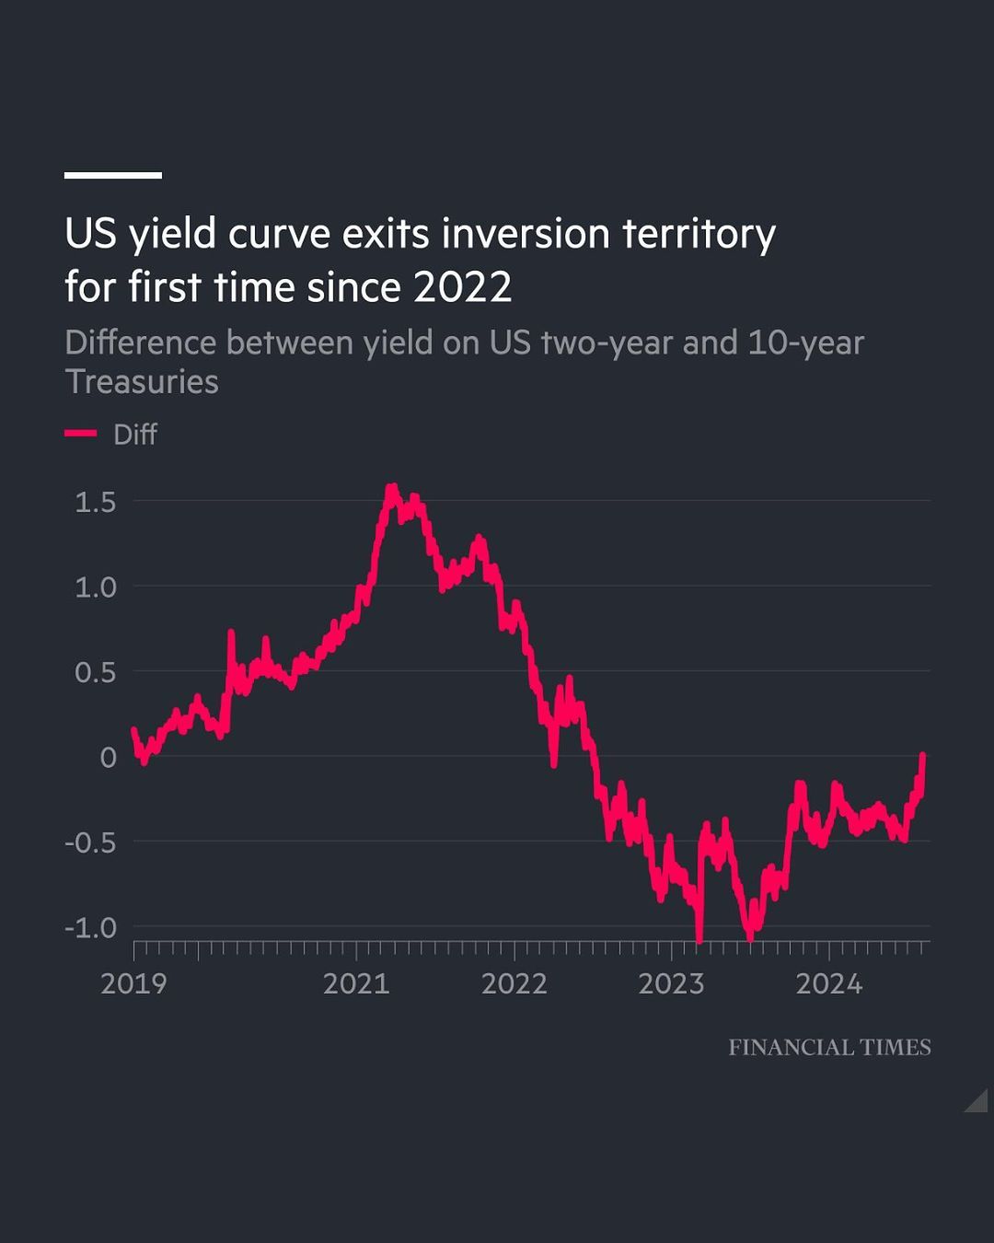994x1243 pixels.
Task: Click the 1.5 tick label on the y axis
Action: click(96, 502)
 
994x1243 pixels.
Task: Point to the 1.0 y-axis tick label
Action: click(96, 587)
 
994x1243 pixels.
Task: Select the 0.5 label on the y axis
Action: click(96, 672)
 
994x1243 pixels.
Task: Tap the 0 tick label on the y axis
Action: click(109, 758)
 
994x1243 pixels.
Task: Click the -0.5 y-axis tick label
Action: click(90, 842)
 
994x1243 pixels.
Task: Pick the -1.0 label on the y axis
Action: click(90, 927)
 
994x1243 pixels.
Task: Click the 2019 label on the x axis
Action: click(133, 983)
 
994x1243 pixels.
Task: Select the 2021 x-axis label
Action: click(356, 983)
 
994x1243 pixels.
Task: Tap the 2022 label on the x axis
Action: click(514, 983)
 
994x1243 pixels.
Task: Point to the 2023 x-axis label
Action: click(671, 983)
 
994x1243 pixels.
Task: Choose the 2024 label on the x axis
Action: click(828, 983)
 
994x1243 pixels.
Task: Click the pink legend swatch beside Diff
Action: click(81, 434)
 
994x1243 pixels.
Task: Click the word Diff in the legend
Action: click(134, 434)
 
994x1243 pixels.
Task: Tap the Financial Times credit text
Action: click(829, 1047)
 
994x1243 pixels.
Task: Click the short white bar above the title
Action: click(113, 175)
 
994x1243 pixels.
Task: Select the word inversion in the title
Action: click(526, 234)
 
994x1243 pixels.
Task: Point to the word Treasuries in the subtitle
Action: click(142, 381)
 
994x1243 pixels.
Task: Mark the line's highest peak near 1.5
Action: click(392, 487)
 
